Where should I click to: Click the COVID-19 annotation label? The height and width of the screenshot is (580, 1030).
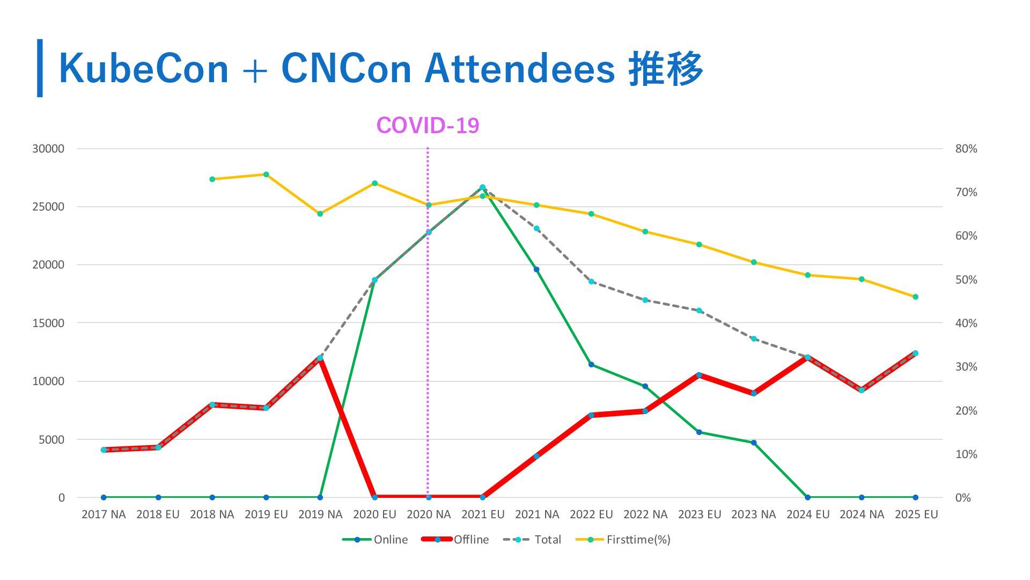tap(428, 126)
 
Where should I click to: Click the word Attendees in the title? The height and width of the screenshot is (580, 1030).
tap(519, 69)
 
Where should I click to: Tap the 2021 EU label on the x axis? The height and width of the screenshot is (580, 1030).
tap(483, 514)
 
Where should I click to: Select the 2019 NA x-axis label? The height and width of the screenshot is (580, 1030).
tap(320, 514)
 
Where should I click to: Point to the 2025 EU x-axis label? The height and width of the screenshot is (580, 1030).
tap(916, 514)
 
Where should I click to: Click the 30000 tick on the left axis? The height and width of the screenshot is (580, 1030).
tap(48, 149)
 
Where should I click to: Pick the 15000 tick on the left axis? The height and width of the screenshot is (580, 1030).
tap(48, 323)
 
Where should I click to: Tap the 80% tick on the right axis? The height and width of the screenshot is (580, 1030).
tap(966, 149)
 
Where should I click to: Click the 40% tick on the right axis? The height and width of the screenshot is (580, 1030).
tap(966, 323)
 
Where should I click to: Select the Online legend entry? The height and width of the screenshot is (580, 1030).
tap(375, 540)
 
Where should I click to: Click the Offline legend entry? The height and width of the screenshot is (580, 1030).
tap(455, 540)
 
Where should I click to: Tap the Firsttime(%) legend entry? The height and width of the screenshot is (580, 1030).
tap(623, 540)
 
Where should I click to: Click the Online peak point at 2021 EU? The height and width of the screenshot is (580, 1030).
tap(482, 187)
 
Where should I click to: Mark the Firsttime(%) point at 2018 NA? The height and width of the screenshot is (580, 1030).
tap(212, 179)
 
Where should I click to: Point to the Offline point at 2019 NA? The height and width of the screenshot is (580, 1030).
tap(320, 358)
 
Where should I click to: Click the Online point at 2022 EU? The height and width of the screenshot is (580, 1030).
tap(591, 365)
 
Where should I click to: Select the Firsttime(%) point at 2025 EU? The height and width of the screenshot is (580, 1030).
tap(915, 297)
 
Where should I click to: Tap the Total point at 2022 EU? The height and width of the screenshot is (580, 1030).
tap(591, 281)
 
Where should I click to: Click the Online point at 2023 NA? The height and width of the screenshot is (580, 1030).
tap(754, 443)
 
